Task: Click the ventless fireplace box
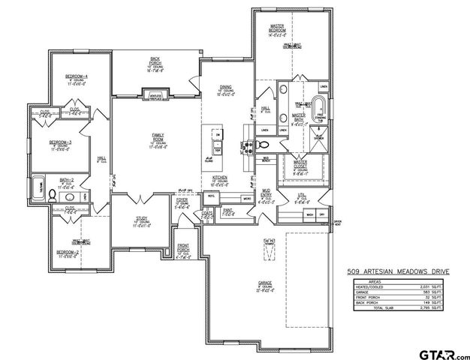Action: tap(157, 96)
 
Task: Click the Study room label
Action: tap(141, 220)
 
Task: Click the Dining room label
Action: tap(226, 88)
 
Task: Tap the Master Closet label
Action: tap(300, 163)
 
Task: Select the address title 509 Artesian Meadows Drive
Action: tap(396, 273)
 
